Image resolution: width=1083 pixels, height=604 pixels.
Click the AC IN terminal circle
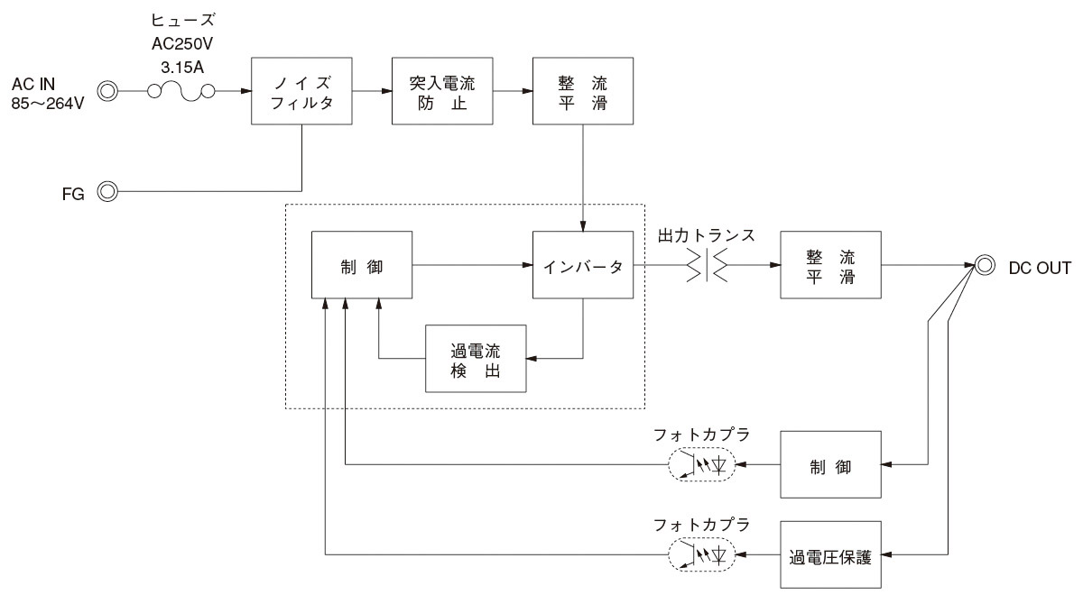(108, 91)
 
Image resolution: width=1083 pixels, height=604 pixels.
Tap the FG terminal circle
(108, 191)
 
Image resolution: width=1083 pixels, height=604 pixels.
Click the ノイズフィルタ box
(301, 91)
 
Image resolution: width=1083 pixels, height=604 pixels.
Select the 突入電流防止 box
(441, 91)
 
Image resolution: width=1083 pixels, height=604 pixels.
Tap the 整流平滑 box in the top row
(582, 91)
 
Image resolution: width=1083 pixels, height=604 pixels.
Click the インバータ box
(582, 266)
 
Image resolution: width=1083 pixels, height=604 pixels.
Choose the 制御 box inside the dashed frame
(361, 266)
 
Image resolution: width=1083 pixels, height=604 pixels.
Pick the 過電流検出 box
(476, 358)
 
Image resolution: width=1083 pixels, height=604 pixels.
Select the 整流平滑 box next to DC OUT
(830, 266)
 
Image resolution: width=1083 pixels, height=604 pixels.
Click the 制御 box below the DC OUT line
(830, 465)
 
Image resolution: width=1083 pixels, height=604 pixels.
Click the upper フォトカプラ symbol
(701, 465)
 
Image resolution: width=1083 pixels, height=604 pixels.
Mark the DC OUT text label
(1040, 267)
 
